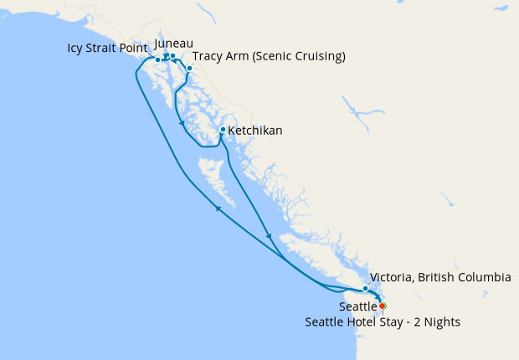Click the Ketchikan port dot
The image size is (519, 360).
[222, 130]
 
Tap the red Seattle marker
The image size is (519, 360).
[383, 306]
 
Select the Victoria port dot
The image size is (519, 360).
[366, 289]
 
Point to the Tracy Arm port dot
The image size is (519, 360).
[190, 68]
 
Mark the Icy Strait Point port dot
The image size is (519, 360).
[157, 59]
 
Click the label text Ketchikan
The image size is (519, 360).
[255, 131]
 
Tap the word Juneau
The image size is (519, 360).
[174, 43]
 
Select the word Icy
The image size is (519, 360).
[77, 48]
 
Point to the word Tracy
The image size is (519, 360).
[208, 57]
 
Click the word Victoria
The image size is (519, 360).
[395, 277]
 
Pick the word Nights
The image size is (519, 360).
[440, 321]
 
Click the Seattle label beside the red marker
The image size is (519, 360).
[358, 307]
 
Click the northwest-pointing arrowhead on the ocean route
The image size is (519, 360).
[219, 209]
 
